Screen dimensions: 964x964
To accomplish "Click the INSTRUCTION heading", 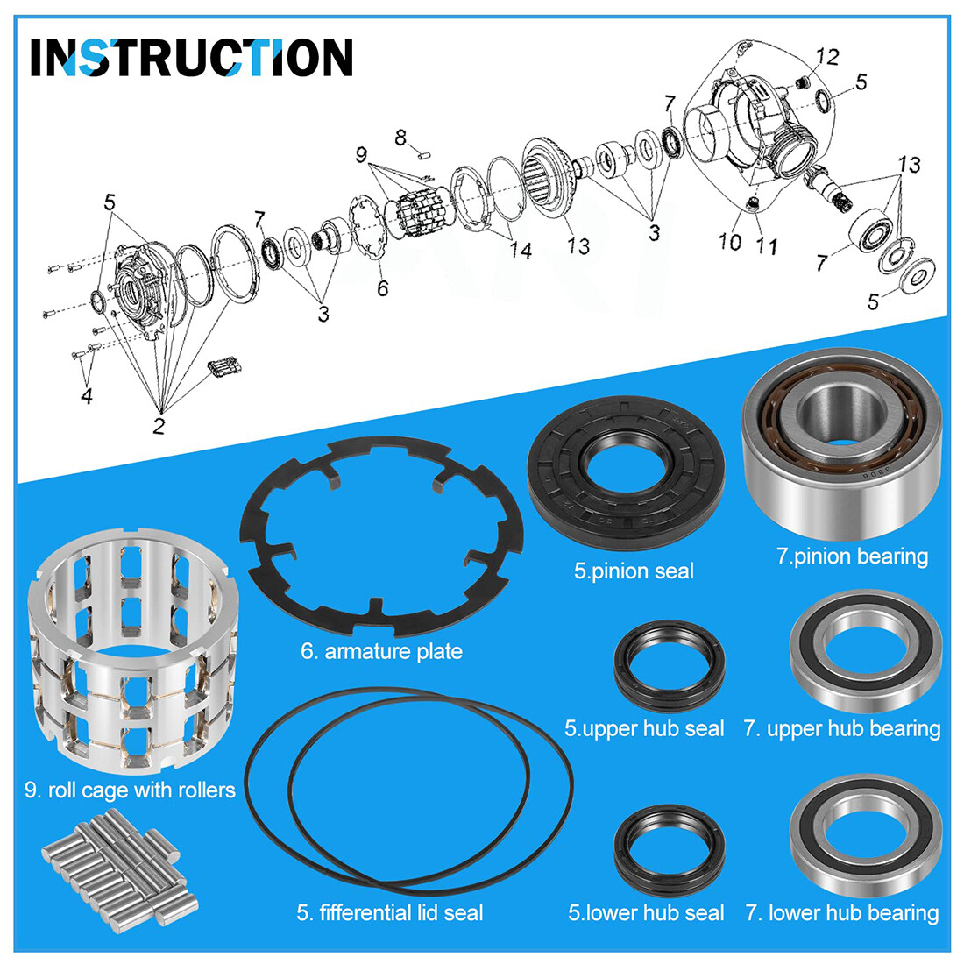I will tap(191, 58).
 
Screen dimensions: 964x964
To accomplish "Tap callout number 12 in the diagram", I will tap(826, 57).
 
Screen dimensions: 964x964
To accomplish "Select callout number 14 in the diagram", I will tap(521, 251).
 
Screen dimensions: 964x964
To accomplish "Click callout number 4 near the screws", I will tap(86, 396).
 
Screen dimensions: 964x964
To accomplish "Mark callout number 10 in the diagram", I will tap(730, 241).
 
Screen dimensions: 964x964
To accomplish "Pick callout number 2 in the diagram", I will tap(159, 427).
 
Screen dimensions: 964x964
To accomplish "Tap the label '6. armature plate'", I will tap(381, 651).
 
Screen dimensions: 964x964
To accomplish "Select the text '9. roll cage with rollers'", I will tap(130, 790).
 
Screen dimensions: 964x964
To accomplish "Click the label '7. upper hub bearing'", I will tap(841, 729).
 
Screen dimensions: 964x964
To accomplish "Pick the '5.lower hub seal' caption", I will tap(645, 913).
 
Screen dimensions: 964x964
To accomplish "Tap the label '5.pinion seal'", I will tap(634, 571).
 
